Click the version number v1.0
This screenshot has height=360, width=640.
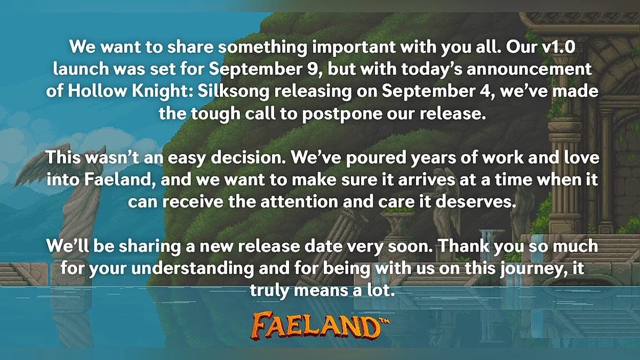[x=558, y=47]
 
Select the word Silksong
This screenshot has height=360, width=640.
[x=234, y=91]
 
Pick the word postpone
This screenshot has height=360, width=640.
[x=342, y=114]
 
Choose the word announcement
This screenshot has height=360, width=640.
[x=529, y=69]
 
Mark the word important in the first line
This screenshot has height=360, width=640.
[x=354, y=47]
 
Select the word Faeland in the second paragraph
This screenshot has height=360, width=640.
[x=120, y=180]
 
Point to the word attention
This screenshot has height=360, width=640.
[x=299, y=202]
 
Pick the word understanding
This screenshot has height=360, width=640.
[x=193, y=269]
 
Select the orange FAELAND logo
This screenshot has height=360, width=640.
[x=317, y=326]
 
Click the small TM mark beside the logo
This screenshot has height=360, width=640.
[x=385, y=322]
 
